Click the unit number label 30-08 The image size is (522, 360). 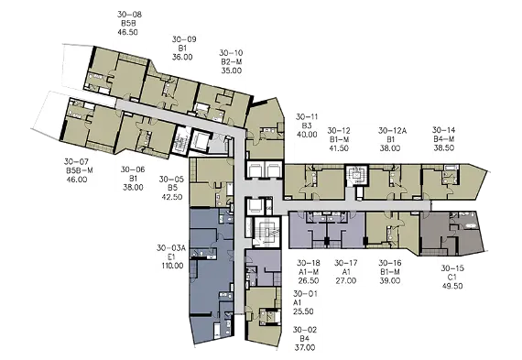point(129,15)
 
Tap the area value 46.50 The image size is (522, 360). point(128,32)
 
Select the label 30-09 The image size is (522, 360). point(184,39)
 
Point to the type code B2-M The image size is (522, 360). point(232,61)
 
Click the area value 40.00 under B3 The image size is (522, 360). point(307,135)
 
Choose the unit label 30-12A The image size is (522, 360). point(393,131)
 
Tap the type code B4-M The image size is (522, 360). point(444,139)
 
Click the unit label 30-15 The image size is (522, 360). point(452,268)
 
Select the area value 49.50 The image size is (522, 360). point(452,286)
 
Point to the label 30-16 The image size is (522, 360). point(390,263)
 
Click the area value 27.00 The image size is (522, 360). point(346,280)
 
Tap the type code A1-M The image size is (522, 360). point(309,272)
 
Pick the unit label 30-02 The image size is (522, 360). point(305,330)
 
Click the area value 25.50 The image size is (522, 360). point(303,311)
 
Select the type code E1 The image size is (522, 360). point(171,257)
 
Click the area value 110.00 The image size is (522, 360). point(172,266)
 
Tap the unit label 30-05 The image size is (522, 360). point(171,180)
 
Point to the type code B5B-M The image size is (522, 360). point(80,170)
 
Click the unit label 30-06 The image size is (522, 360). point(133,169)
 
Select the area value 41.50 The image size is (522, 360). point(339,148)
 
